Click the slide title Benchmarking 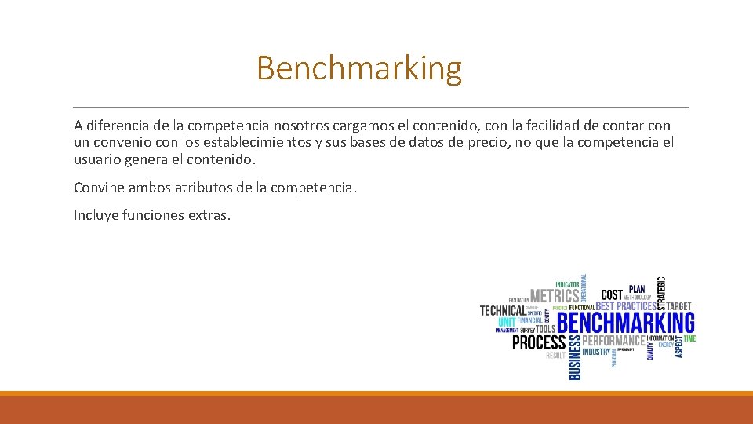(x=358, y=68)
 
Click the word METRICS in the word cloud (x=555, y=296)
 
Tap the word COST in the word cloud (x=612, y=295)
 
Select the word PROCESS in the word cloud (x=539, y=342)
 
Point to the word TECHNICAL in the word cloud (x=503, y=311)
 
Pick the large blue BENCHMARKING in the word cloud (x=626, y=323)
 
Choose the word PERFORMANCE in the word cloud (x=613, y=341)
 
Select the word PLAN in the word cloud (x=637, y=289)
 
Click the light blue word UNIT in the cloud (x=507, y=322)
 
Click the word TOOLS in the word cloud (x=545, y=328)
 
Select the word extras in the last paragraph (x=209, y=214)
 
